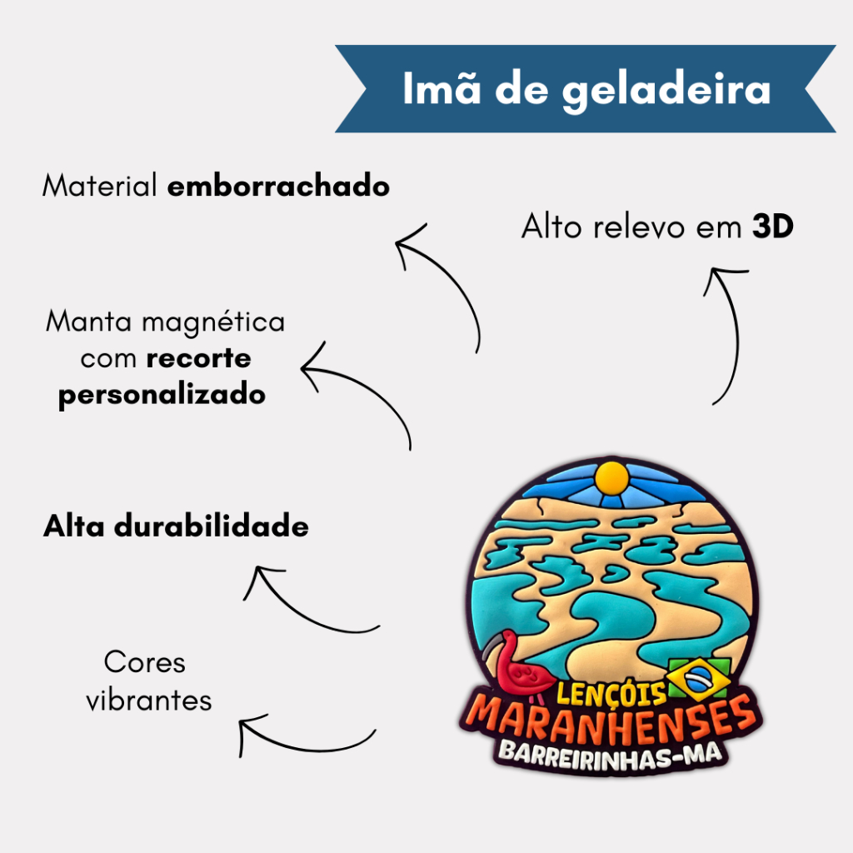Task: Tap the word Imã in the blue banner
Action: click(x=441, y=87)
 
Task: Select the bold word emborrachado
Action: click(x=278, y=186)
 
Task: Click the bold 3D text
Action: click(x=772, y=226)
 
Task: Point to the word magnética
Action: click(x=213, y=322)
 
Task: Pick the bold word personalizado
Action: click(x=162, y=394)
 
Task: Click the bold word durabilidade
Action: click(x=211, y=526)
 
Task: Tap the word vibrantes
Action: click(x=149, y=700)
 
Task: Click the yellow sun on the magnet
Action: click(x=612, y=479)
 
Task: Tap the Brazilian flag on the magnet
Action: click(x=699, y=678)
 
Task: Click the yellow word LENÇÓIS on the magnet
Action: click(x=611, y=693)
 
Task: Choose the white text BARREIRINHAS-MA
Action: click(x=611, y=756)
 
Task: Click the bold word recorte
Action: click(x=198, y=358)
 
